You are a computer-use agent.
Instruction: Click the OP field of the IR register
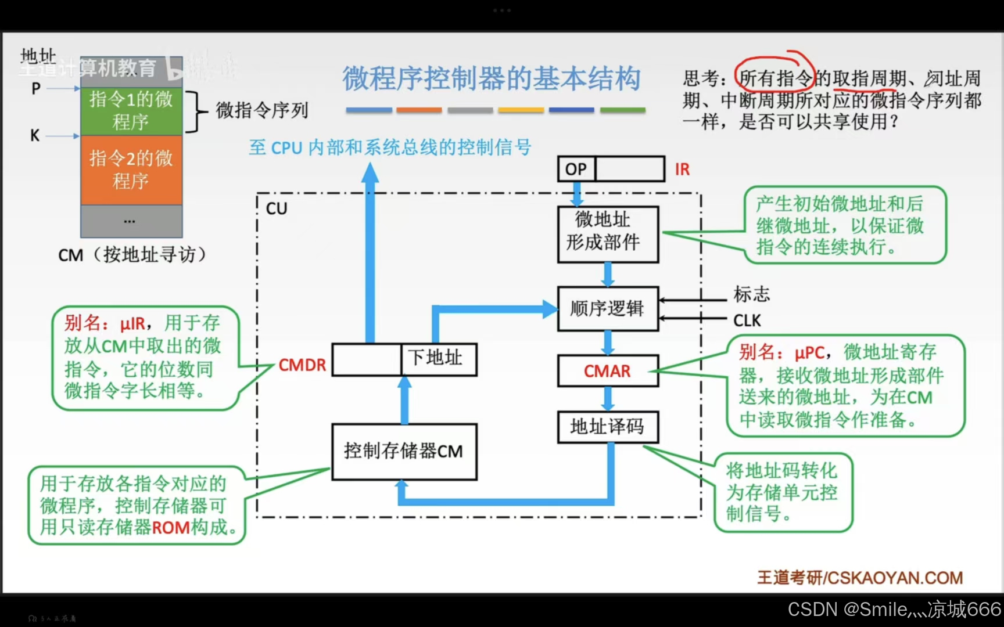coord(576,169)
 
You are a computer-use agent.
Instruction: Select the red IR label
coord(682,170)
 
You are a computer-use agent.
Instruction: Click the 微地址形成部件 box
coord(608,235)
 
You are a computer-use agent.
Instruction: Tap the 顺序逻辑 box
coord(608,308)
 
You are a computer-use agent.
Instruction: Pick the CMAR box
coord(608,371)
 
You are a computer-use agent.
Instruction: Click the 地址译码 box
coord(608,427)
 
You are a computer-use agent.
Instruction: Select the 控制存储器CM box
coord(404,451)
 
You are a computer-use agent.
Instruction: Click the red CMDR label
coord(302,365)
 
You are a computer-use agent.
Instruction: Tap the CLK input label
coord(747,320)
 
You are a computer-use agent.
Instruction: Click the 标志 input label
coord(751,294)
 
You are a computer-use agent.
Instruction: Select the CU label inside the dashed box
coord(277,208)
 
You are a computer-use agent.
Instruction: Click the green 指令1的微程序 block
coord(131,111)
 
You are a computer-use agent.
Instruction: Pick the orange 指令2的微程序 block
coord(131,170)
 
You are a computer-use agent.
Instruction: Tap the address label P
coord(36,89)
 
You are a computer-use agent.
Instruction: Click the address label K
coord(35,136)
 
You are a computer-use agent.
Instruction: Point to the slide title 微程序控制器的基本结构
coord(491,79)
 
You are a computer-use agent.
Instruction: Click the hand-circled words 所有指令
coord(774,78)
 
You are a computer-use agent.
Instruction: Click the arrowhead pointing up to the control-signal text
coord(370,172)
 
